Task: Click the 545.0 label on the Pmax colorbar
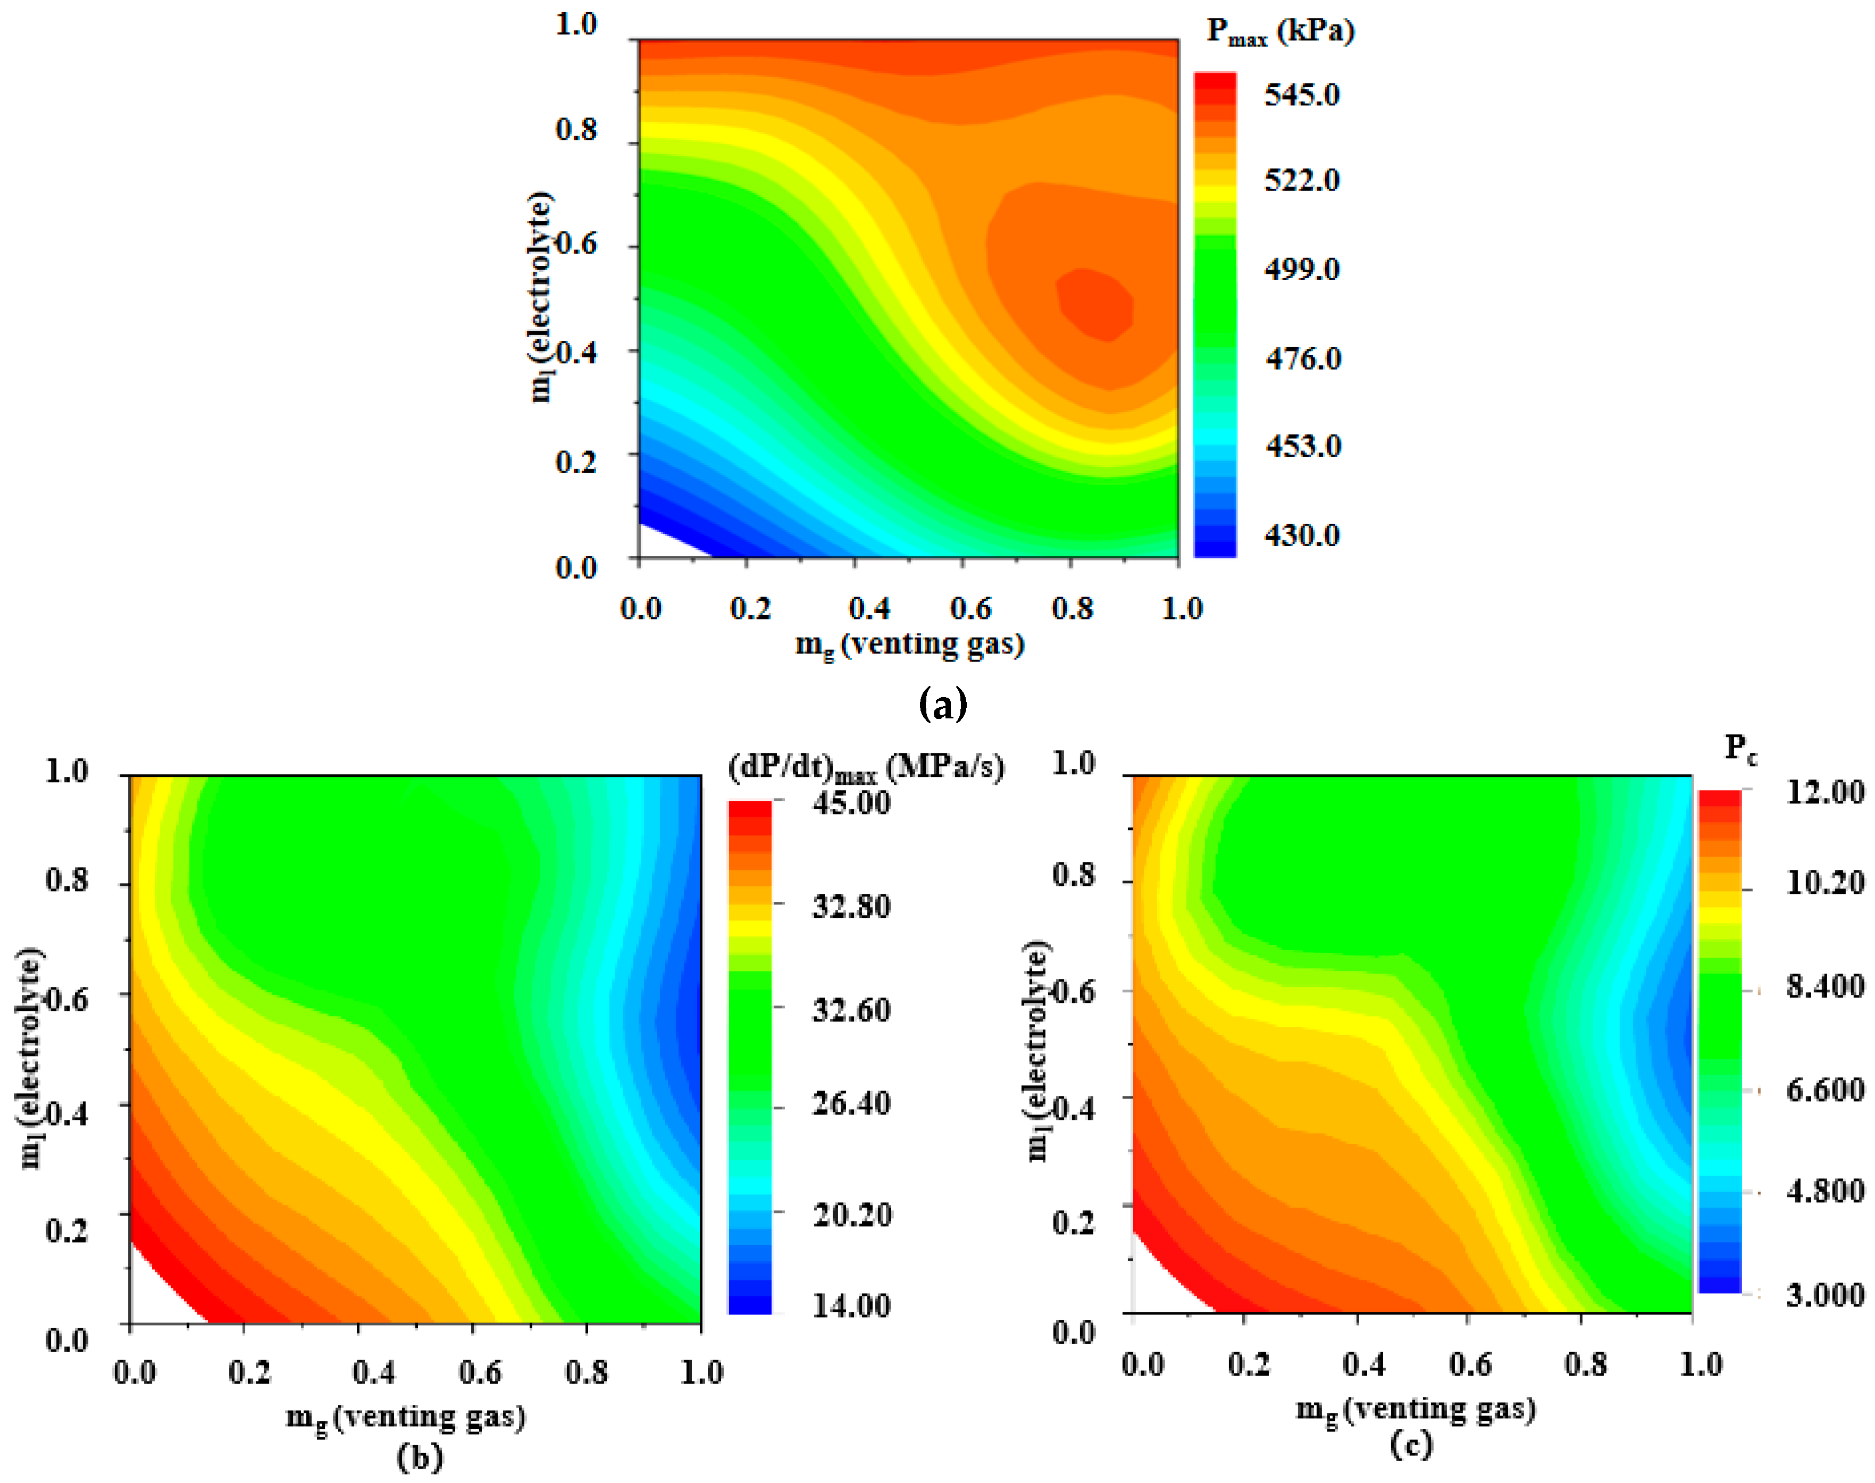pyautogui.click(x=1301, y=95)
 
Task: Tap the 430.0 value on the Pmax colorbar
pyautogui.click(x=1301, y=535)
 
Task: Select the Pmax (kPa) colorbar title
pyautogui.click(x=1280, y=32)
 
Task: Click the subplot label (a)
pyautogui.click(x=942, y=703)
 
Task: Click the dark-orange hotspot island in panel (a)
pyautogui.click(x=1096, y=304)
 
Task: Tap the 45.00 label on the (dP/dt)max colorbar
pyautogui.click(x=851, y=803)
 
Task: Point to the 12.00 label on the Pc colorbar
pyautogui.click(x=1824, y=793)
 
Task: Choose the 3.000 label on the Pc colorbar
pyautogui.click(x=1824, y=1295)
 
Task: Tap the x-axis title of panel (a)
pyautogui.click(x=909, y=644)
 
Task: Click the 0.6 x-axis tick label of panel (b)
pyautogui.click(x=480, y=1373)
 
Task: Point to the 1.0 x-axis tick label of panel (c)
pyautogui.click(x=1700, y=1365)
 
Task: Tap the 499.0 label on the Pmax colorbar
pyautogui.click(x=1301, y=269)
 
